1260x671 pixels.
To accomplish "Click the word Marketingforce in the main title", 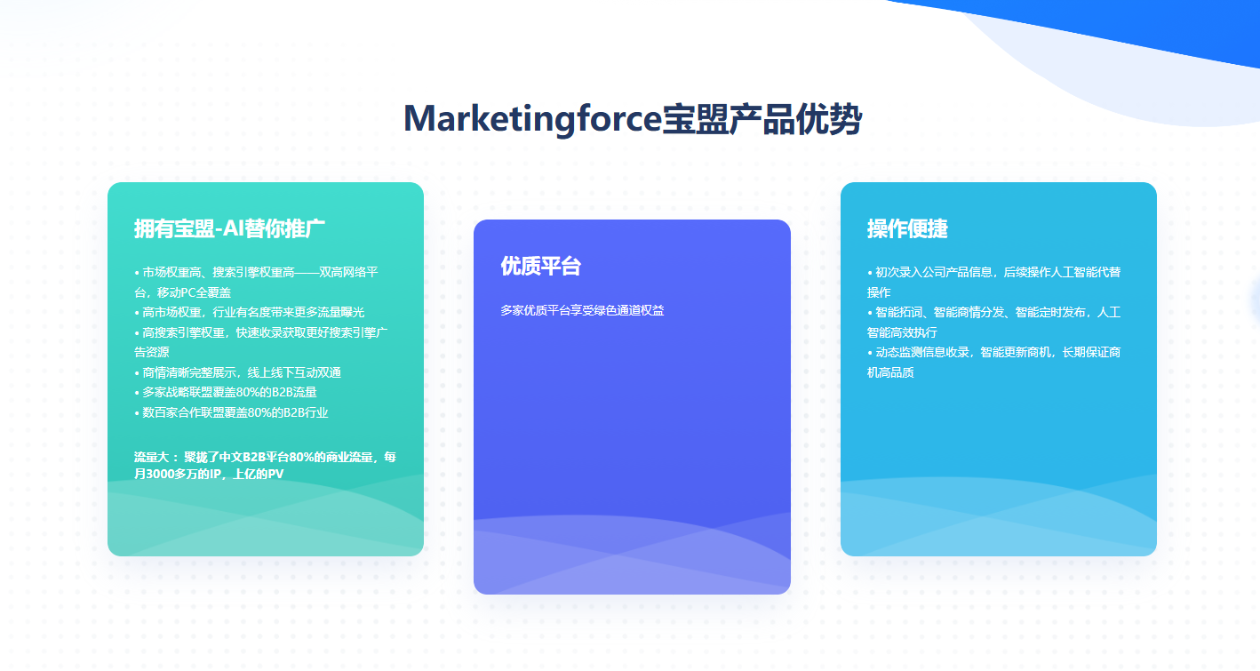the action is [532, 119].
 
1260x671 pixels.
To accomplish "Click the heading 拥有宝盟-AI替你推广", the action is [229, 229].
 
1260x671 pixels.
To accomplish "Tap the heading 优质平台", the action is [540, 266].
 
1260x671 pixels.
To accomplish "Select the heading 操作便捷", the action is [907, 229].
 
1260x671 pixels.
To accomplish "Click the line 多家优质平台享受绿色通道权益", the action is [582, 310].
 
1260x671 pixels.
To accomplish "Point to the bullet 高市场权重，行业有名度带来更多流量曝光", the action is [249, 312].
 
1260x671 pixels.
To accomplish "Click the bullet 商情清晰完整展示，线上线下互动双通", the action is [237, 372].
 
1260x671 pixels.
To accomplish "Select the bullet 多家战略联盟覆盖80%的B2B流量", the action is [226, 392].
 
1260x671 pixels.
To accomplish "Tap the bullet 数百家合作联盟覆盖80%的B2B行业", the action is [231, 412].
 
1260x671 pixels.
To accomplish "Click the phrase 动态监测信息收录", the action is [922, 352].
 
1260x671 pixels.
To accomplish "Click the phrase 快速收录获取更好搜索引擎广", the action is [312, 332].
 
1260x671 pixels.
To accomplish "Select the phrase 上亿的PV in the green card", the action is [259, 474].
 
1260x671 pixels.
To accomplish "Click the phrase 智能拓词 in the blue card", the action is [898, 312].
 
